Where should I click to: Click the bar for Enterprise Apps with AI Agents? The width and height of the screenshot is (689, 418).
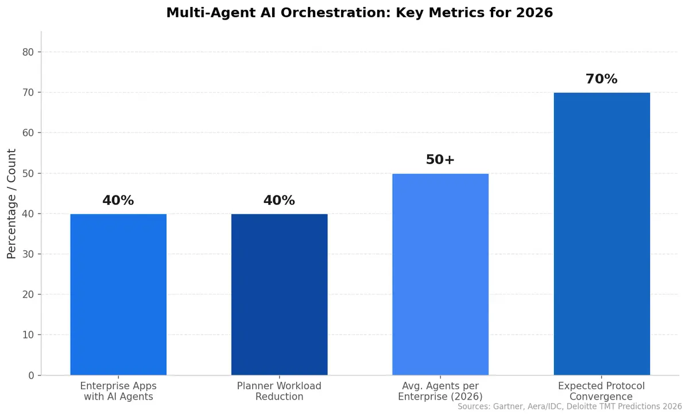coord(118,294)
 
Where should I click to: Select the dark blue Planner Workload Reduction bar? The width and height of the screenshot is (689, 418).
coord(279,294)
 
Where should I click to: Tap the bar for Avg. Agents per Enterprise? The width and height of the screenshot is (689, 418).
coord(440,274)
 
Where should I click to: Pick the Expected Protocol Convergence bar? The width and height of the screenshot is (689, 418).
coord(601,234)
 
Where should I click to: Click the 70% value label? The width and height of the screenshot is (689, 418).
coord(601,79)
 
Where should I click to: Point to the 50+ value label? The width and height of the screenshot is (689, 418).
coord(440,160)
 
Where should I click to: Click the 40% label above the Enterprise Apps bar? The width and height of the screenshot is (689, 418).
coord(118,201)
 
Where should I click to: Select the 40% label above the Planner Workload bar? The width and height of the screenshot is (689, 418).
coord(279,201)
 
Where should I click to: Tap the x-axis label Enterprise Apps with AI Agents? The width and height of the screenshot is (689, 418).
coord(118,391)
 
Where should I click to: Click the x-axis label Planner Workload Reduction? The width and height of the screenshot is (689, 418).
coord(279,391)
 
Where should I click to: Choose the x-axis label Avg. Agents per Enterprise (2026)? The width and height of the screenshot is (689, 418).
coord(440,391)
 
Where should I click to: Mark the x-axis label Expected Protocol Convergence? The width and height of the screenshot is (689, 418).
coord(601,391)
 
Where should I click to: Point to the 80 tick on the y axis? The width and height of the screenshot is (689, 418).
coord(28,52)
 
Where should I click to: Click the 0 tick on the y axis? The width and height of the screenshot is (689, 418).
coord(32,375)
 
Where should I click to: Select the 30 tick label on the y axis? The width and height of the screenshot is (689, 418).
coord(28,254)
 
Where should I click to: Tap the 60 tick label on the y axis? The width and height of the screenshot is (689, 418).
coord(28,133)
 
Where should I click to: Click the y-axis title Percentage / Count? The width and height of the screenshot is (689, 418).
coord(11,204)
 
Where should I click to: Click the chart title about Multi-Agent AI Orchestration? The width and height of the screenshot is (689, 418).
coord(359,13)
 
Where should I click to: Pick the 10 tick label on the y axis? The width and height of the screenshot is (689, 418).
coord(28,335)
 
